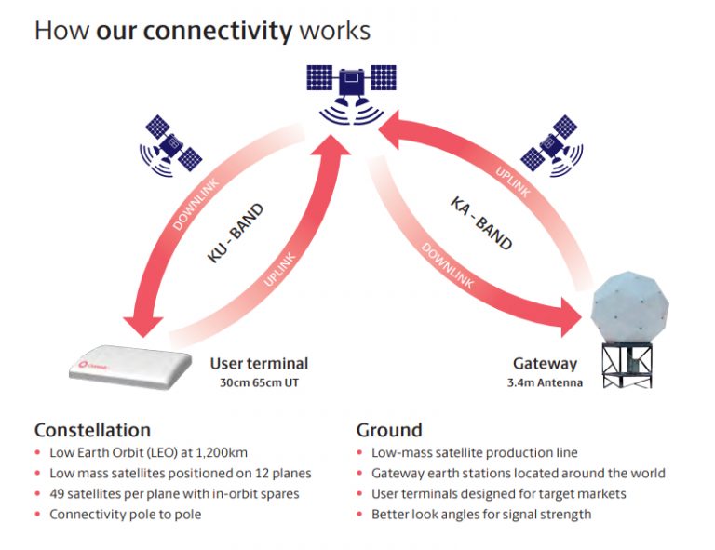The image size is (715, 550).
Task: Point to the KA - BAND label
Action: [x=481, y=222]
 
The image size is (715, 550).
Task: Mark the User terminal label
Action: [x=259, y=364]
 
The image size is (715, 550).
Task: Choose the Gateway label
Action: [x=545, y=364]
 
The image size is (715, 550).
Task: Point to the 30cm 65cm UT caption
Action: [x=259, y=382]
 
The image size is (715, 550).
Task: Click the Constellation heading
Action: [x=92, y=430]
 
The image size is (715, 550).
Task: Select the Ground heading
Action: [x=389, y=430]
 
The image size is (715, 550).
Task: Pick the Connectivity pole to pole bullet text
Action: [x=125, y=515]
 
